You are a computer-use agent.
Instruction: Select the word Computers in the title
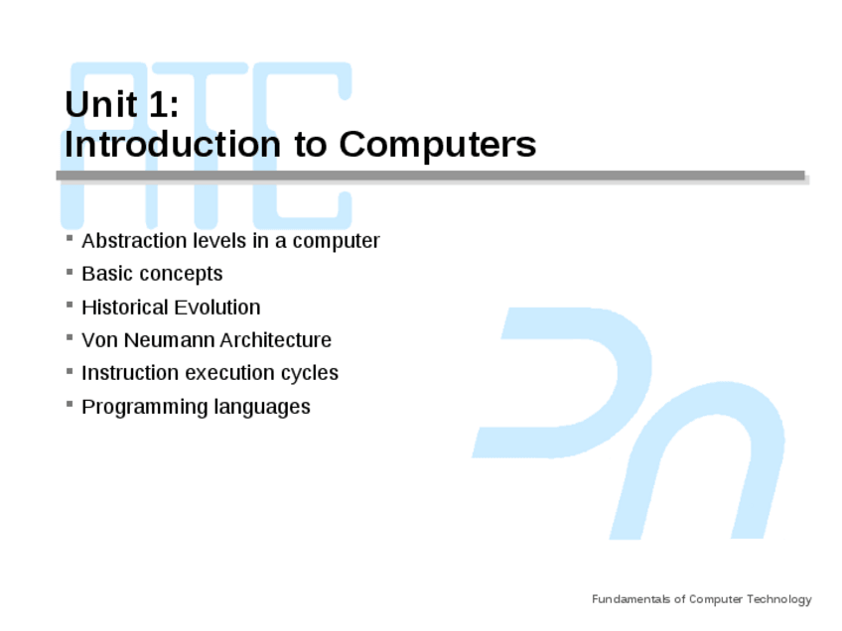438,144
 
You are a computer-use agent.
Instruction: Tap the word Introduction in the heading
173,144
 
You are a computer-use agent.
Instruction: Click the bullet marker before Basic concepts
70,272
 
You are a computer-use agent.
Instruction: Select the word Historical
124,308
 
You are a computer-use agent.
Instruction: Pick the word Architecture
275,340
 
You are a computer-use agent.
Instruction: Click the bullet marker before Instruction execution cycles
70,371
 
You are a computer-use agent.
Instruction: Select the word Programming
145,407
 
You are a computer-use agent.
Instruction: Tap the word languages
262,407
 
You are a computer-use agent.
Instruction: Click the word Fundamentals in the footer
631,599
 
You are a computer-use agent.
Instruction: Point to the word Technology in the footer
779,599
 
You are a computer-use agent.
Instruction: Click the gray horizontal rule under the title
431,176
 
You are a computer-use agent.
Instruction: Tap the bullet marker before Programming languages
70,404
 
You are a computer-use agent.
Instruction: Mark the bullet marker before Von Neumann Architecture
70,337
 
